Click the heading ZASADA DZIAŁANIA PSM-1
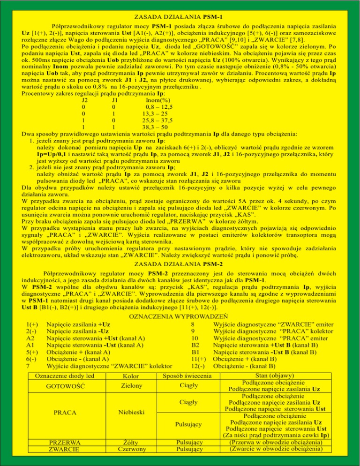pos(180,17)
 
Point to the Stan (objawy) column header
pos(274,376)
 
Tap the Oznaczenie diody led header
pos(65,376)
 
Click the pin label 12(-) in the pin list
pos(198,366)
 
